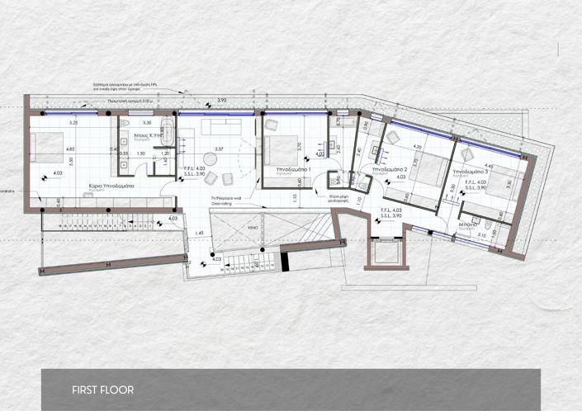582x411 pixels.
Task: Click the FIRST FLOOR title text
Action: (x=102, y=389)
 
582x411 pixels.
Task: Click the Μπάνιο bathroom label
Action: (x=470, y=224)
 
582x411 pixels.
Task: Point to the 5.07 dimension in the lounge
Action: (x=220, y=149)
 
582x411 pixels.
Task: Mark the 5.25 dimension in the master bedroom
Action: (x=73, y=122)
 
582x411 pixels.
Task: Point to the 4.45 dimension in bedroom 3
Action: (x=489, y=165)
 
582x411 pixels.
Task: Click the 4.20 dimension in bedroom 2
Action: (x=418, y=147)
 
